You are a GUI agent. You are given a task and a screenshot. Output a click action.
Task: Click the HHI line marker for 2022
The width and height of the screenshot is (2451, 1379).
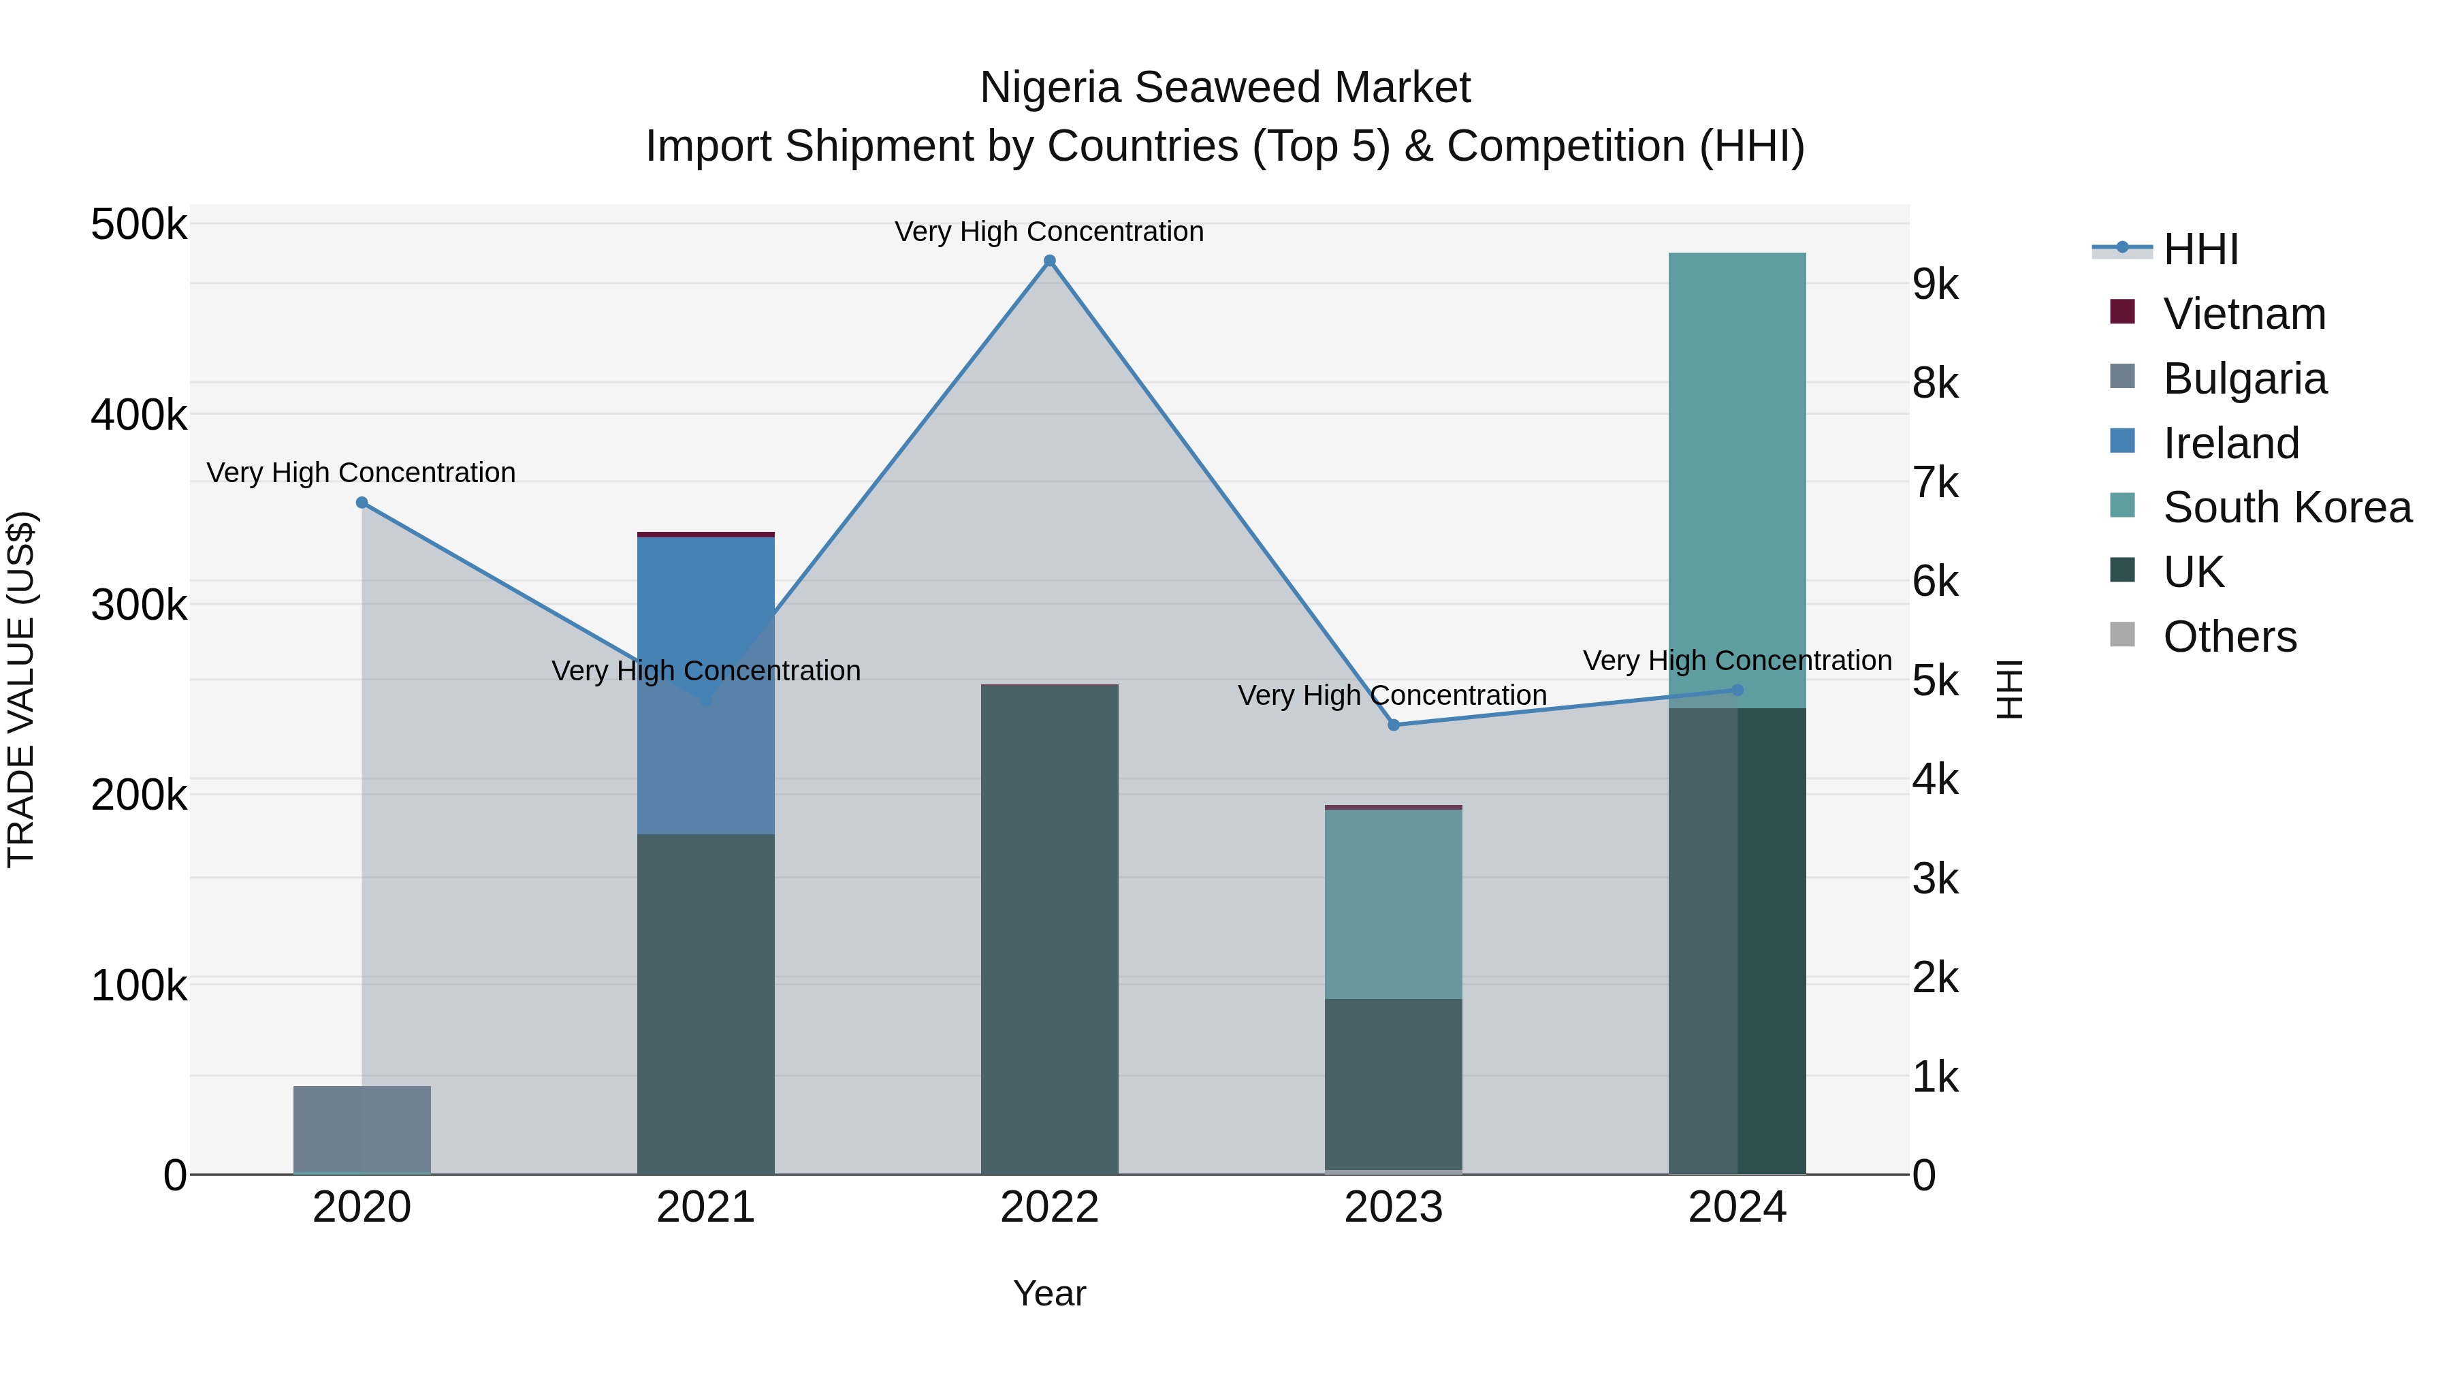click(1049, 261)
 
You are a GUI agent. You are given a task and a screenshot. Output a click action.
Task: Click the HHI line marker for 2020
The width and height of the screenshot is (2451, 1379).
click(362, 503)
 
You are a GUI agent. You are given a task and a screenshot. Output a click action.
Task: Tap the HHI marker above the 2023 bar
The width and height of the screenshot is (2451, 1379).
click(1394, 725)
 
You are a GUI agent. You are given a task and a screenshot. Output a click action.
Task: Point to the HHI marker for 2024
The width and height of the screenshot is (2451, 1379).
click(1737, 690)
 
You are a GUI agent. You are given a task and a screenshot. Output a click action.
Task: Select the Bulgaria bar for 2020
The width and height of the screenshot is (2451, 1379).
click(362, 1130)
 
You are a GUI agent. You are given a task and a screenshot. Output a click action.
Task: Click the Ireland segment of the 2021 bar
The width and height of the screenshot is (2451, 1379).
click(705, 685)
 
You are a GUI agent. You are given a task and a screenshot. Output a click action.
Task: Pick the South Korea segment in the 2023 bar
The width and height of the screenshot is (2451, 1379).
click(1393, 904)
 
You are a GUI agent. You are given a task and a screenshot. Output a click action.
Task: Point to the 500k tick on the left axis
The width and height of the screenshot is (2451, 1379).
click(139, 225)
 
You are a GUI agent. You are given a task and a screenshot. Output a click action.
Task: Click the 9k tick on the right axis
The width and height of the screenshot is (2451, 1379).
click(1936, 285)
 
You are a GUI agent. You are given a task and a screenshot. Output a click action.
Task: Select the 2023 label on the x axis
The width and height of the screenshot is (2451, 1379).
click(1393, 1207)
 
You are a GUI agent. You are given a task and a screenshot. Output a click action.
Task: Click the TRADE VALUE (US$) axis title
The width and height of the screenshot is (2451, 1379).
click(21, 689)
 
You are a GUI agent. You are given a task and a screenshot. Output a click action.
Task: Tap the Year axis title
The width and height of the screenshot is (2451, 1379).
click(1049, 1293)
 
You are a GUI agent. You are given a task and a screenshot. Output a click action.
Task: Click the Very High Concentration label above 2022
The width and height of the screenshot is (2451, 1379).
click(1049, 232)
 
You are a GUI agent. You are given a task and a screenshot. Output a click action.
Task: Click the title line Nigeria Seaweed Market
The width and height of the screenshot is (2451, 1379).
click(1225, 88)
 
